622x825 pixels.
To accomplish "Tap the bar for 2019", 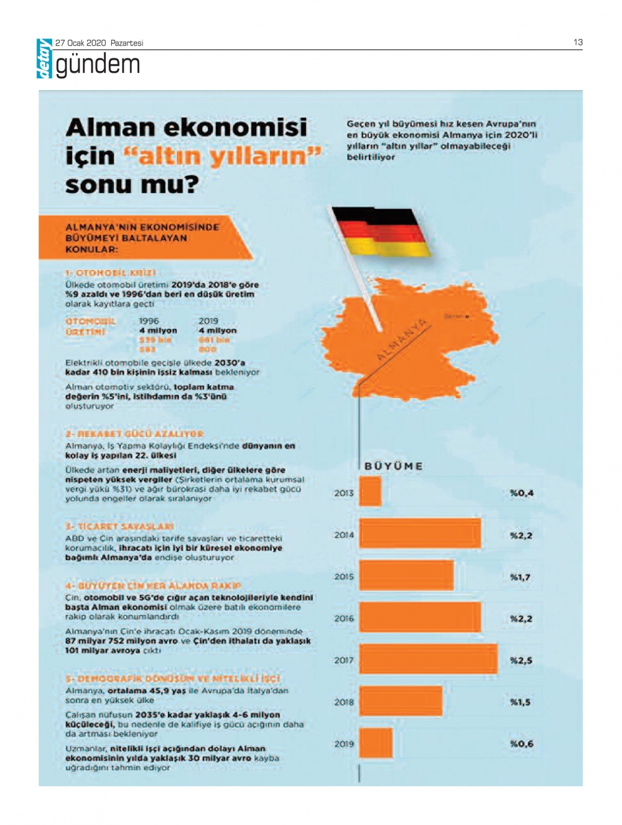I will click(376, 743).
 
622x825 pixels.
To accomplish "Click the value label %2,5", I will click(521, 661).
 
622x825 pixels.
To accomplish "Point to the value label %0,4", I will click(521, 493).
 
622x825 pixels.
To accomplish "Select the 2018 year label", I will click(344, 702).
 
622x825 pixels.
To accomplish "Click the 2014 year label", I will click(344, 535).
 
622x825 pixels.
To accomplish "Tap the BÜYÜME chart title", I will click(394, 466).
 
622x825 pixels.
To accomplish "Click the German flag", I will click(381, 231).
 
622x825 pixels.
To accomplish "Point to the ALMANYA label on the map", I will click(402, 340).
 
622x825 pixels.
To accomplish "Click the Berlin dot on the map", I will click(467, 317).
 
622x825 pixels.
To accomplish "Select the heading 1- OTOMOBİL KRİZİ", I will click(111, 273).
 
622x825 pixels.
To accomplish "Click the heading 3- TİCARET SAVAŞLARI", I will click(119, 526).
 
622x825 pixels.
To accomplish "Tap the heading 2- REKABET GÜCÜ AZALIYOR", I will click(134, 434).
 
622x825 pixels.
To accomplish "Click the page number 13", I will click(578, 42).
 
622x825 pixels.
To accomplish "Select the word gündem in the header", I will click(98, 65).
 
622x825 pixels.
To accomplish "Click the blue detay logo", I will click(44, 58).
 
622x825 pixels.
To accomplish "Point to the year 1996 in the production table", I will click(149, 321).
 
